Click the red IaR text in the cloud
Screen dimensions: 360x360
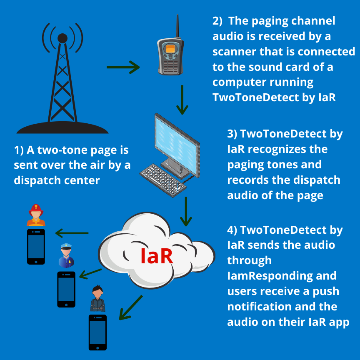click(x=156, y=256)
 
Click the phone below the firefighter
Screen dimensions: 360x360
click(x=36, y=246)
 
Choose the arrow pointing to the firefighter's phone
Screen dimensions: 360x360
click(x=72, y=233)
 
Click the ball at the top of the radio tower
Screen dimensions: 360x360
click(x=62, y=38)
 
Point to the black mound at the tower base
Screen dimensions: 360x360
click(x=62, y=127)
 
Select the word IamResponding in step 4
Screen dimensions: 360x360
click(x=282, y=275)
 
